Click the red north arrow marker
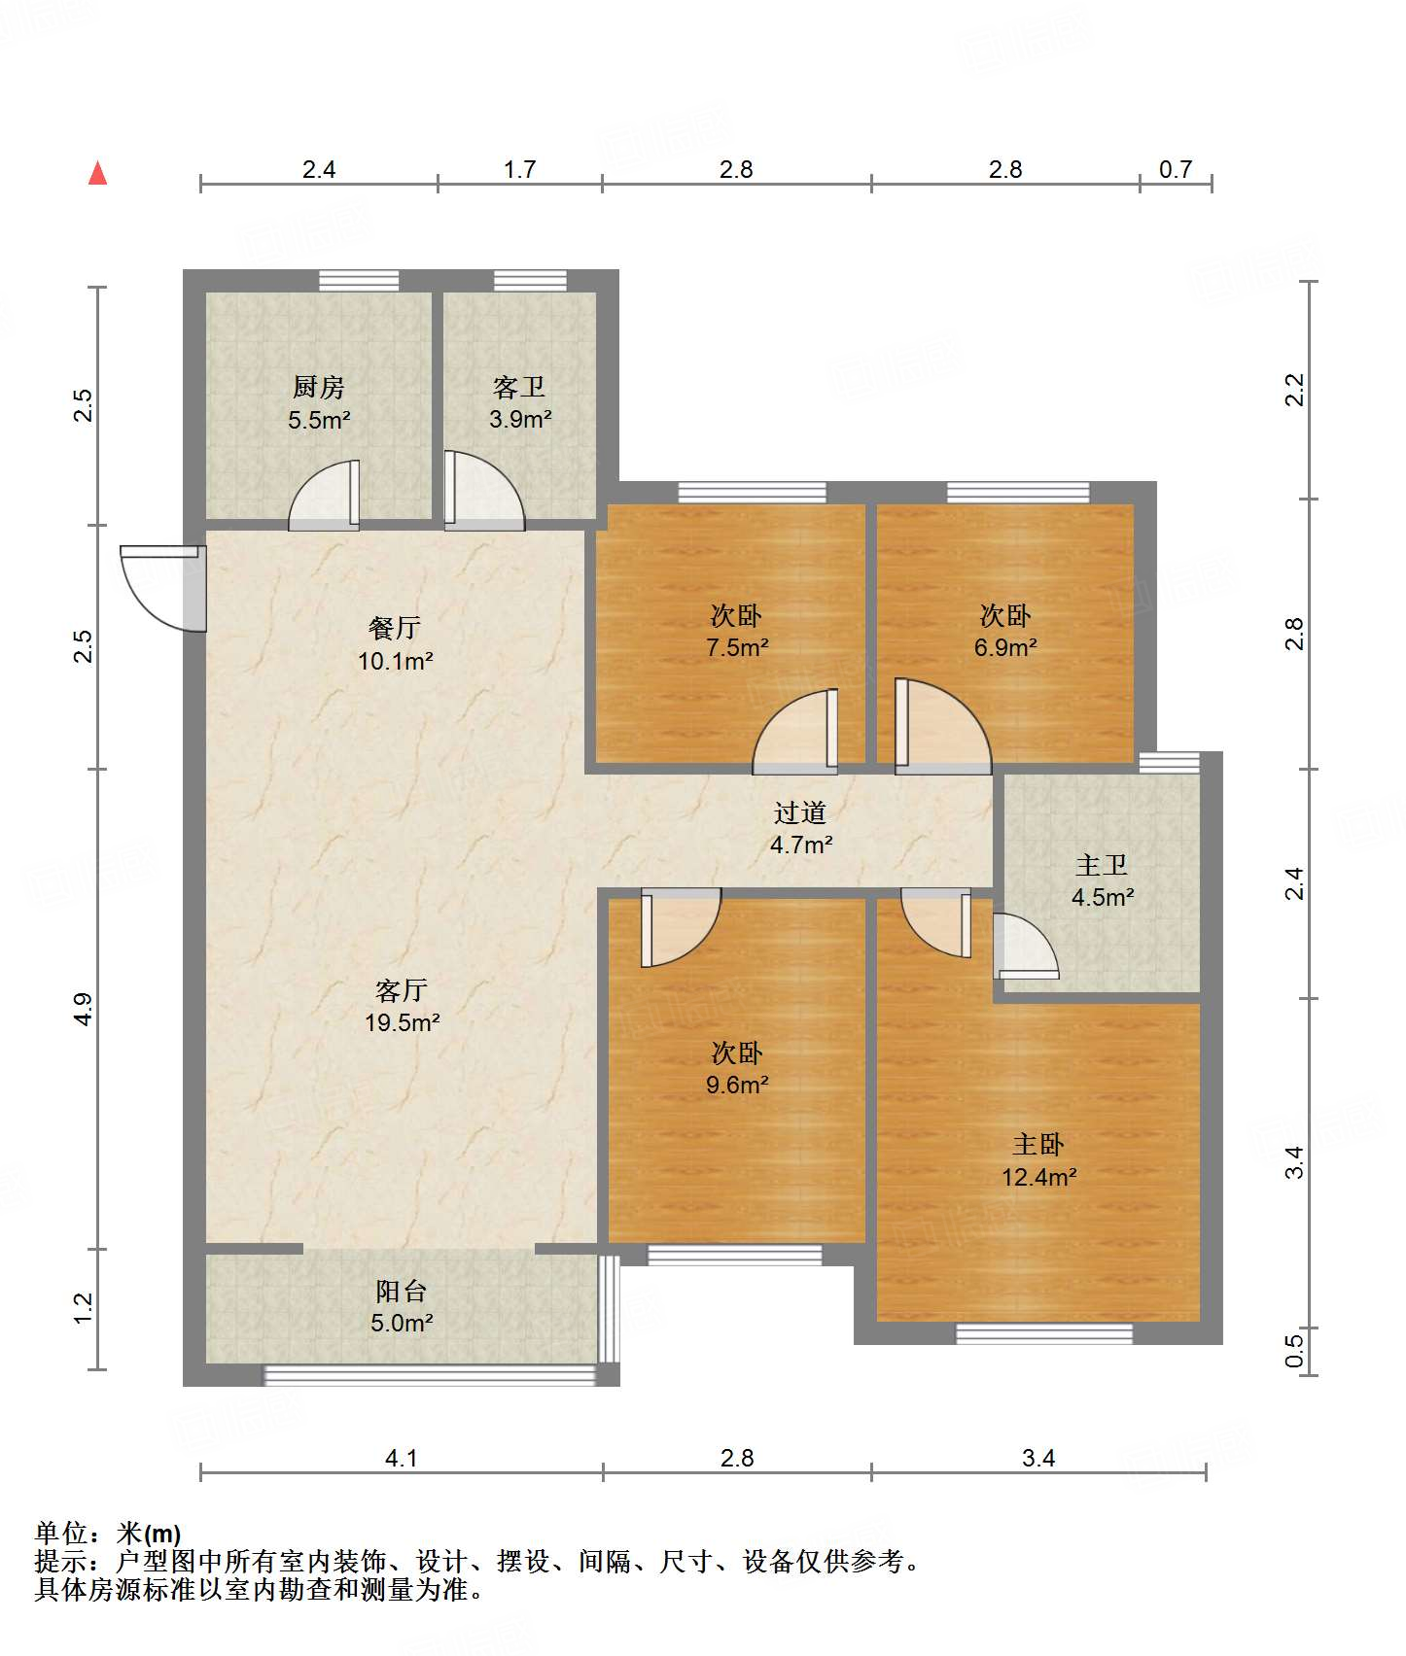[x=97, y=173]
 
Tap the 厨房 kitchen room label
[x=319, y=388]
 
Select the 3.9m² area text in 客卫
[x=520, y=420]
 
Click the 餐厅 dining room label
[x=395, y=628]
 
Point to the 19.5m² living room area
[x=403, y=1022]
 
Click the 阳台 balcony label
[x=402, y=1292]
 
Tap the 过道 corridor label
[x=800, y=812]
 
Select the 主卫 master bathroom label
[x=1102, y=865]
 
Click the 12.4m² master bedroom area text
[x=1039, y=1178]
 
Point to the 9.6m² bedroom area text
[x=737, y=1085]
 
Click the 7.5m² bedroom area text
[x=737, y=647]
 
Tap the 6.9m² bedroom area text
[x=1005, y=647]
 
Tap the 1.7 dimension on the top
[x=520, y=170]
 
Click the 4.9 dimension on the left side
[x=84, y=1009]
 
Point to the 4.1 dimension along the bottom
[x=402, y=1458]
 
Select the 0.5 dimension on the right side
[x=1294, y=1351]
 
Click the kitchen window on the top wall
[x=359, y=281]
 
